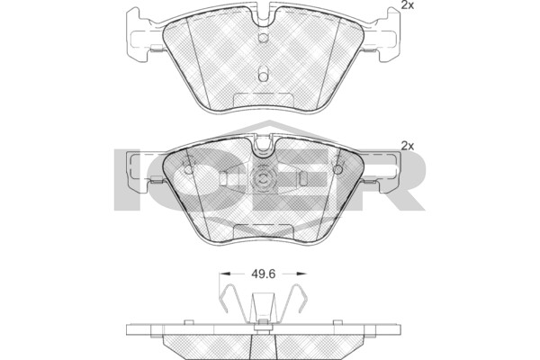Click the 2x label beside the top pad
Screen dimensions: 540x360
click(408, 5)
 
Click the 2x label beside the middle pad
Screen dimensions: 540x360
click(408, 146)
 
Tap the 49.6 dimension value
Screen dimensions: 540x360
click(263, 274)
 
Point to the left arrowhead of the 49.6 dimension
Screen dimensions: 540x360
click(224, 274)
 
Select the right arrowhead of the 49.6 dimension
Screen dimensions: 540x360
click(301, 274)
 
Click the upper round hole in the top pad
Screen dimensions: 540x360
click(263, 38)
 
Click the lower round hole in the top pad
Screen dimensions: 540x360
click(263, 76)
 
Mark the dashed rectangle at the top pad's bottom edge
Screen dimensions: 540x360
click(264, 99)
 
